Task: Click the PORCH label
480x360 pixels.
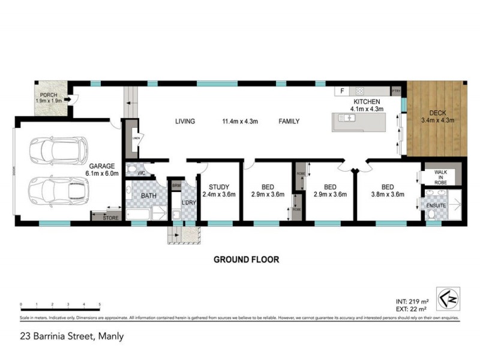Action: click(x=49, y=98)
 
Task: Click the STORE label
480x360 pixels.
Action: click(x=110, y=218)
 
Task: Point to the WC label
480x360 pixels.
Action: click(x=142, y=174)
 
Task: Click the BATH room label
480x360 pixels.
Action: click(x=149, y=196)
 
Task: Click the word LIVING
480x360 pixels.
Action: click(x=185, y=122)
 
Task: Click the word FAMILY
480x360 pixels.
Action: click(x=289, y=122)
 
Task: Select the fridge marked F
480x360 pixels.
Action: click(x=343, y=91)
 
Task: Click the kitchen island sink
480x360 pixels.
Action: click(x=347, y=118)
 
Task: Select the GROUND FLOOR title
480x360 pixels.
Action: click(x=246, y=260)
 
